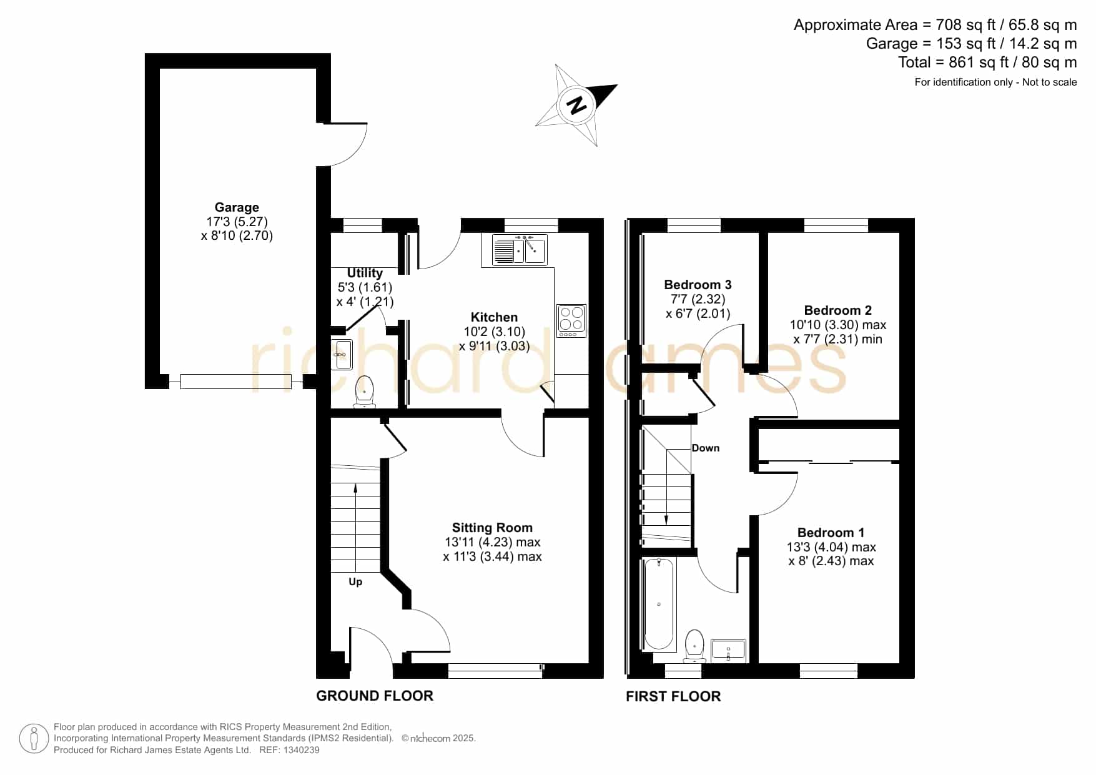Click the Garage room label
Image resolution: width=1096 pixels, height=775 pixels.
(x=237, y=207)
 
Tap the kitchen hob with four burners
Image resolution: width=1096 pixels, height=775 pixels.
(x=571, y=321)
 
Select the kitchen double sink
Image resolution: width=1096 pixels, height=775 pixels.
(x=520, y=250)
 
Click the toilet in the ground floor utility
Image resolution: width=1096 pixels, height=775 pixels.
(x=364, y=392)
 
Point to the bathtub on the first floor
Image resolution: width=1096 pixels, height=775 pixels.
(x=659, y=604)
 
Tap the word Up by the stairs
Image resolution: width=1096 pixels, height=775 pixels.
(x=355, y=582)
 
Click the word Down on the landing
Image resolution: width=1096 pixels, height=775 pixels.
(x=706, y=448)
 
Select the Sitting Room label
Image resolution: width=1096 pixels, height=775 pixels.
(x=492, y=528)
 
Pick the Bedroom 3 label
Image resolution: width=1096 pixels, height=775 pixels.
(x=698, y=285)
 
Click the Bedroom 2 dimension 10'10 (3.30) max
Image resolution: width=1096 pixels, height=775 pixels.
(x=838, y=325)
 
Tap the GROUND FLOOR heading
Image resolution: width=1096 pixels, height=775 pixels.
(x=375, y=696)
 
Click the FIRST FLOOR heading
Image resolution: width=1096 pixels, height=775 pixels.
(x=673, y=696)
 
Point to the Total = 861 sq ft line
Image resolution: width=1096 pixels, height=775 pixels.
(x=987, y=62)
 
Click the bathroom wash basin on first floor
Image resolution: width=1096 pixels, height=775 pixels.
(x=728, y=649)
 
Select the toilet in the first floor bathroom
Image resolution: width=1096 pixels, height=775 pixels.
(x=694, y=646)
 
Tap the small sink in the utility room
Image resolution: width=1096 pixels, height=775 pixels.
(x=341, y=355)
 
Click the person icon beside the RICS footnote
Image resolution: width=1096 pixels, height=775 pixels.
(x=34, y=739)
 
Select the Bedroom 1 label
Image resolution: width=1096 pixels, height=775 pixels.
(x=831, y=533)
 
